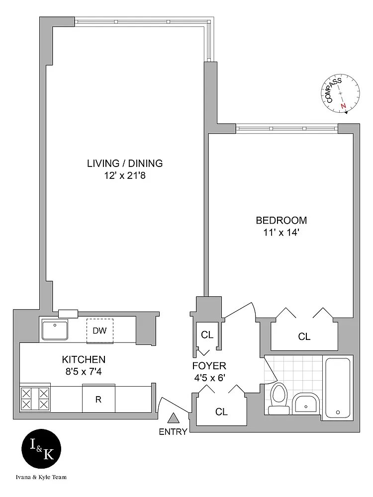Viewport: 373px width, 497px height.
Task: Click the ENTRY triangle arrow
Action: (173, 418)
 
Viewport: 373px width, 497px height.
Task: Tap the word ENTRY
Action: (173, 432)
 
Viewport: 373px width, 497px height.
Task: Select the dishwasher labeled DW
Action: (100, 331)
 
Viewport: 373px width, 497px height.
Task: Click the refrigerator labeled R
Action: (98, 399)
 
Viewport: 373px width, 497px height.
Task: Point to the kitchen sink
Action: (55, 330)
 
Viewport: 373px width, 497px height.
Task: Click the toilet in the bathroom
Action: (279, 399)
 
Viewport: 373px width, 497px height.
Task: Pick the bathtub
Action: (338, 388)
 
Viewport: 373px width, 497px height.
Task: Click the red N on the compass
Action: (343, 106)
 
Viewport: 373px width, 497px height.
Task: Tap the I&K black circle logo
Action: (41, 449)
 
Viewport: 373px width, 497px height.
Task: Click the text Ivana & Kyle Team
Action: (41, 477)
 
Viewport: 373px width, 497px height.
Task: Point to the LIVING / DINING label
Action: (125, 163)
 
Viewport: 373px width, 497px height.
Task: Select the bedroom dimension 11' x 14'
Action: (281, 232)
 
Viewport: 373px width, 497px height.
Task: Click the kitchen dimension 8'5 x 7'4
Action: (84, 371)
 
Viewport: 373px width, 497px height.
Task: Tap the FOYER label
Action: (209, 366)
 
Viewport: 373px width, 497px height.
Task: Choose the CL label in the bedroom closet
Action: (304, 336)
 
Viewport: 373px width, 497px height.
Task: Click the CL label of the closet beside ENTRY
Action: (221, 412)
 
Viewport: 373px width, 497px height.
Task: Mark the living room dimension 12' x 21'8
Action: (125, 175)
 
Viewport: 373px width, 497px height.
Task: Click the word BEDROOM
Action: (281, 220)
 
